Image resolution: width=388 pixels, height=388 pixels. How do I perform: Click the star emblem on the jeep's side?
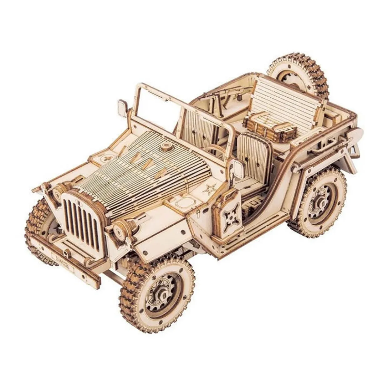coord(207,189)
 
